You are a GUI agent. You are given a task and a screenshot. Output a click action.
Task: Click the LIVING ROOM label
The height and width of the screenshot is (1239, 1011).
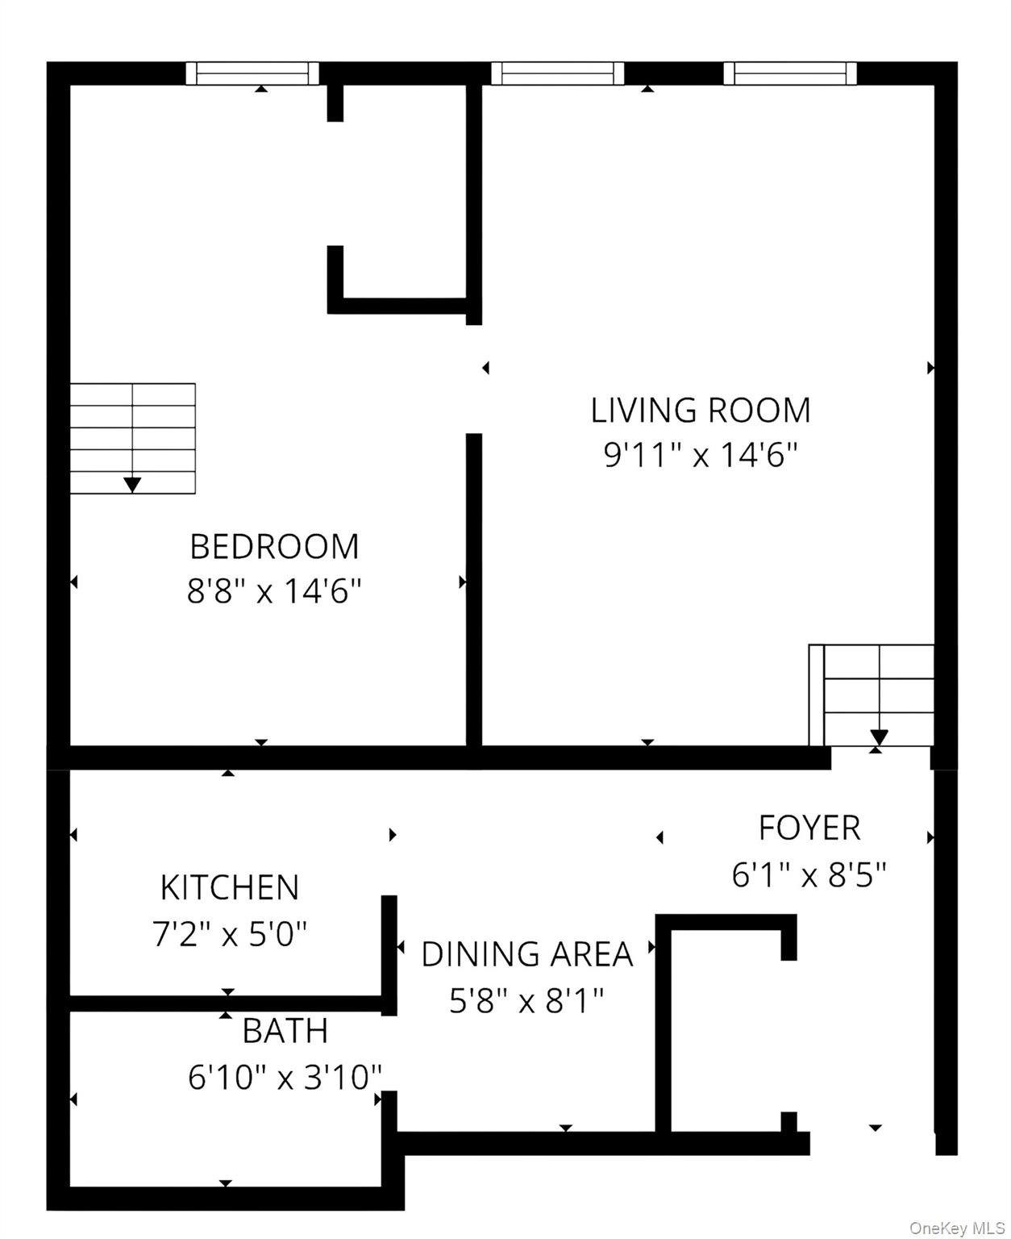click(x=700, y=411)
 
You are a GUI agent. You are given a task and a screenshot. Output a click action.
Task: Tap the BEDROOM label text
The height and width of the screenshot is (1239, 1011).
click(x=274, y=547)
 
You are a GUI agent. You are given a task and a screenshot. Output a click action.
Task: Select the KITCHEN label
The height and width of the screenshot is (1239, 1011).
click(x=230, y=888)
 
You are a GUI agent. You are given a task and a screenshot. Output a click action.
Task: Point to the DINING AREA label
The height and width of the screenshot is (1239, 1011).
click(x=526, y=954)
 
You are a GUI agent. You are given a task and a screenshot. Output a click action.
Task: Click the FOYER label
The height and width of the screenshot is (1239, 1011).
click(x=809, y=828)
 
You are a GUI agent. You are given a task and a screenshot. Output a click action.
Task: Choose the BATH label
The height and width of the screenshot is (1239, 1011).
click(x=285, y=1031)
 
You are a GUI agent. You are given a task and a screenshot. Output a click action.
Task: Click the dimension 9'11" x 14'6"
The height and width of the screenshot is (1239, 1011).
click(x=700, y=456)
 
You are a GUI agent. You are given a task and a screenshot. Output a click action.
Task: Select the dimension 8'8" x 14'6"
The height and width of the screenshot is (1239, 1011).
click(x=274, y=592)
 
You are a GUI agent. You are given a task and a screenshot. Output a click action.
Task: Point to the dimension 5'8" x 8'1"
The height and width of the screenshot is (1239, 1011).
click(x=526, y=1001)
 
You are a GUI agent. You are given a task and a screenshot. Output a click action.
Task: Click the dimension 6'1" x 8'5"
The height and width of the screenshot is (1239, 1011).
click(x=809, y=874)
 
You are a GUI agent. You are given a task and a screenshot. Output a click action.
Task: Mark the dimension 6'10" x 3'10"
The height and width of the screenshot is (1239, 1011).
click(x=285, y=1077)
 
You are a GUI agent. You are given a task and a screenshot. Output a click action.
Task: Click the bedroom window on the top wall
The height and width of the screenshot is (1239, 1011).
click(x=252, y=73)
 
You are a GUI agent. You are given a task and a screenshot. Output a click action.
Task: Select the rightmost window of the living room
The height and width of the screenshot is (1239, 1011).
click(x=789, y=73)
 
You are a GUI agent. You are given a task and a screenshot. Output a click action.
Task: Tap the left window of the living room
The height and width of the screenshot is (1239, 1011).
click(x=557, y=73)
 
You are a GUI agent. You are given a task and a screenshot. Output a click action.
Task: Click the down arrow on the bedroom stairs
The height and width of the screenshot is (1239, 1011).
click(x=132, y=484)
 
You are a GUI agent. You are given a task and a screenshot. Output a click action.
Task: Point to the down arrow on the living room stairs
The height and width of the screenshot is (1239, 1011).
click(x=879, y=737)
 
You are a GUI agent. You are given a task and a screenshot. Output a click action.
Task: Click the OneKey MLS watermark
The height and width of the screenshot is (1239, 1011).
click(x=956, y=1228)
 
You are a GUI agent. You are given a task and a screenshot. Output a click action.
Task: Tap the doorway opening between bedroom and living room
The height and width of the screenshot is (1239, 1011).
click(x=474, y=379)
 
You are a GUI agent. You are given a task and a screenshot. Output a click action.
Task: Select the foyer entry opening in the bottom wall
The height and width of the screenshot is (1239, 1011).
click(x=872, y=1142)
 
